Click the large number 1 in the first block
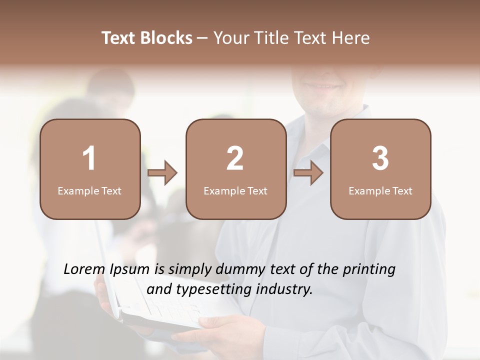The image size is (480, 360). coord(89,158)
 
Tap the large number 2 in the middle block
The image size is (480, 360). coord(235,158)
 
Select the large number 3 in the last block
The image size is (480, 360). coord(380,158)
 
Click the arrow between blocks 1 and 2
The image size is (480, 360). coord(162,173)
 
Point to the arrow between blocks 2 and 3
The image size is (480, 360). coord(308,173)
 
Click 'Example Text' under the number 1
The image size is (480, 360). coord(89,191)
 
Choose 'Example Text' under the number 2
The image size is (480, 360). coord(235,191)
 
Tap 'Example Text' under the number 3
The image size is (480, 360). coord(380,191)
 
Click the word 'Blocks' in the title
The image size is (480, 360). coord(167,38)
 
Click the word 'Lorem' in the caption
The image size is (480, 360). coord(83,269)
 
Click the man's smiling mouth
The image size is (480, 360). coord(322,86)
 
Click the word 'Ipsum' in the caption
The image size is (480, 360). coord(130,269)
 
